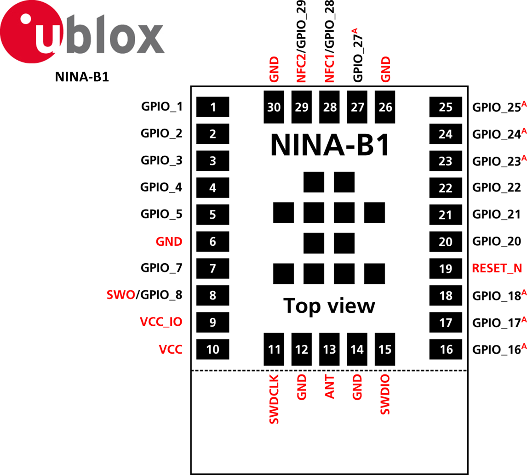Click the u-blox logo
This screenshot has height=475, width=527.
(82, 32)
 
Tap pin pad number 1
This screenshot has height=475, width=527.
(212, 107)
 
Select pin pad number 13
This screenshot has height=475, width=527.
(329, 350)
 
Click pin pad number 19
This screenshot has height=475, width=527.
(445, 268)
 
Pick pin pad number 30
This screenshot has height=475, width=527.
(274, 107)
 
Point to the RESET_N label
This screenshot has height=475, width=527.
(497, 268)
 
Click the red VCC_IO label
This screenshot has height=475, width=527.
(161, 322)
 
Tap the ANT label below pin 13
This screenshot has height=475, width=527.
(329, 387)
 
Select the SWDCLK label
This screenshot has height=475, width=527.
(274, 399)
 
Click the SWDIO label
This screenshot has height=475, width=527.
(385, 395)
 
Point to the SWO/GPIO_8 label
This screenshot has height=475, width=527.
(144, 295)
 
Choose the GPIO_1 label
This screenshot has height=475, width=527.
(161, 107)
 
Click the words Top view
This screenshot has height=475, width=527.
(329, 305)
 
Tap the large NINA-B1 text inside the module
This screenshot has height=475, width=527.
(330, 145)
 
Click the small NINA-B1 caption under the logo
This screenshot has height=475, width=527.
(82, 77)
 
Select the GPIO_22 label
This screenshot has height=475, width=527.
(497, 187)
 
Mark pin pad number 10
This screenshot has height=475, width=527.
(212, 350)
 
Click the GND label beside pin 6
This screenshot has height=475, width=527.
(169, 241)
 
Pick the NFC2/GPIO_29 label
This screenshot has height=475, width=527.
(302, 42)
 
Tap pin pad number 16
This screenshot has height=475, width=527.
(446, 350)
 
